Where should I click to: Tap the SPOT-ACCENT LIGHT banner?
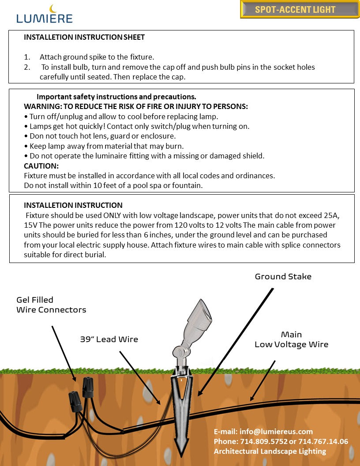(300, 9)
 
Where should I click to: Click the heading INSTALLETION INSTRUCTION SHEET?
(84, 38)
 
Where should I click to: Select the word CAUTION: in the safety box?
(41, 166)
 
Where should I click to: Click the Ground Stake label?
(283, 277)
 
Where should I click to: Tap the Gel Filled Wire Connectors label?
(51, 305)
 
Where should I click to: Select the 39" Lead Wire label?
(109, 339)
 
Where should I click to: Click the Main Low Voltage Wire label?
(291, 339)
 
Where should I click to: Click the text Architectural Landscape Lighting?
(270, 451)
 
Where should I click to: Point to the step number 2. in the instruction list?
(27, 67)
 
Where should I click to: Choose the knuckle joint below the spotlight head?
(179, 352)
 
